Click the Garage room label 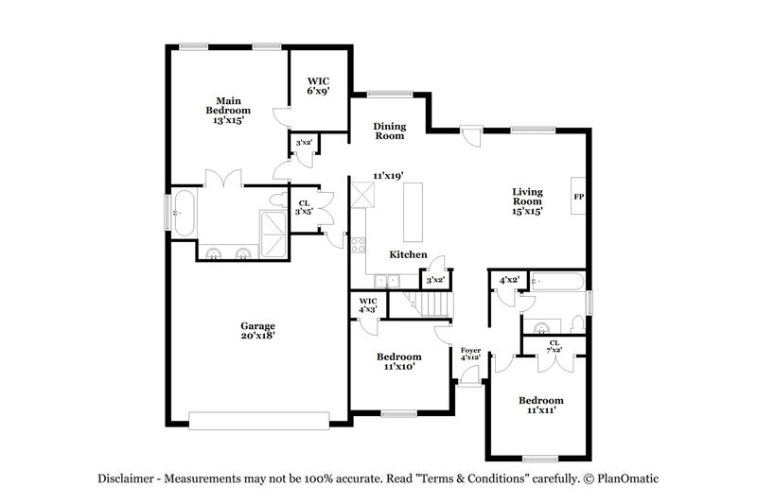coord(256,331)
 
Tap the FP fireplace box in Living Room coord(578,197)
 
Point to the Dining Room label coord(389,130)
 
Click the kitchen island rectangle coord(412,212)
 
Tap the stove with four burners coord(359,245)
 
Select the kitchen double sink coord(385,280)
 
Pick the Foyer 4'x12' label coord(470,355)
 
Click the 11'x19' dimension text coord(388,176)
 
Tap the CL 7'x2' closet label coord(554,346)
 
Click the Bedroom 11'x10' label coord(398,361)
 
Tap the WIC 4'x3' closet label coord(367,305)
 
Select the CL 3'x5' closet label coord(304,207)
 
